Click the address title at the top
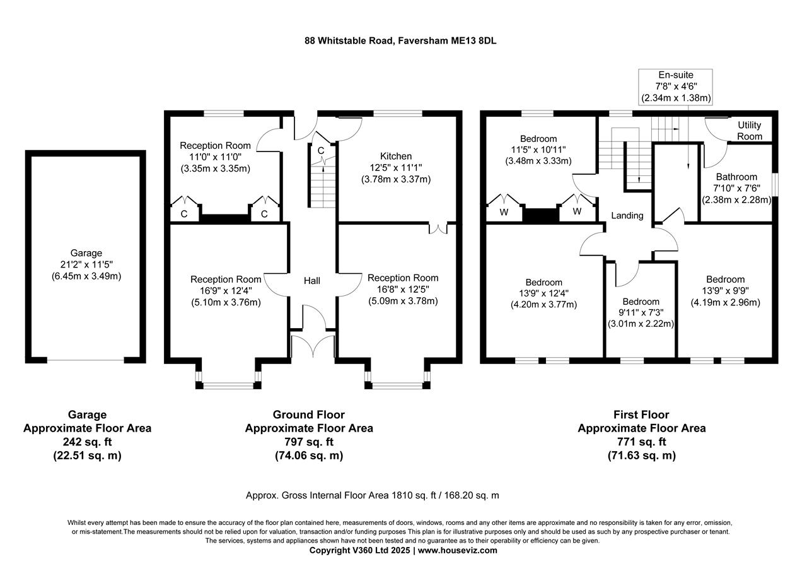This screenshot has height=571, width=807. tap(403, 40)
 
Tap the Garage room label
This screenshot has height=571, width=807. tap(86, 253)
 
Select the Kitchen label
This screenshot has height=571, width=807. tap(395, 156)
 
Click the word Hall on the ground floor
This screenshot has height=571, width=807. tap(312, 280)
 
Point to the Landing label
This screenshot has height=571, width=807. tap(627, 215)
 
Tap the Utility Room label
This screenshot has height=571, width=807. tap(750, 131)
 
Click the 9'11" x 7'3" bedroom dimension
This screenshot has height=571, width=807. tap(641, 313)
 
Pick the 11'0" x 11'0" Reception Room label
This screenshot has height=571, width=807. tap(215, 157)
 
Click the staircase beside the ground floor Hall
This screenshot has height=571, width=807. tap(322, 183)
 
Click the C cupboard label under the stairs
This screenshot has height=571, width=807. tap(321, 151)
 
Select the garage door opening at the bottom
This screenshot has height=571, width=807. tap(86, 360)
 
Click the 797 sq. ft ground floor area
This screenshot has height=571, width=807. tap(308, 442)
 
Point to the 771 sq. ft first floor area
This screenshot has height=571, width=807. tap(641, 442)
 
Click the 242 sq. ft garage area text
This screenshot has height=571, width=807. tap(87, 442)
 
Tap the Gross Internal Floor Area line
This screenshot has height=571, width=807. tap(372, 495)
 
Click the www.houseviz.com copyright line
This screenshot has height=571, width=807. tap(403, 550)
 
